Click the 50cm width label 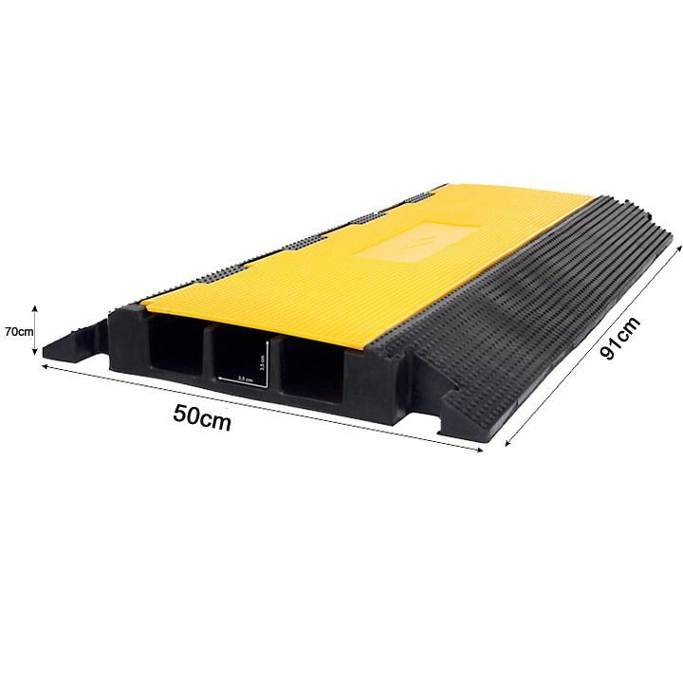point(202,416)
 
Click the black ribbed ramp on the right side point(531,304)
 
